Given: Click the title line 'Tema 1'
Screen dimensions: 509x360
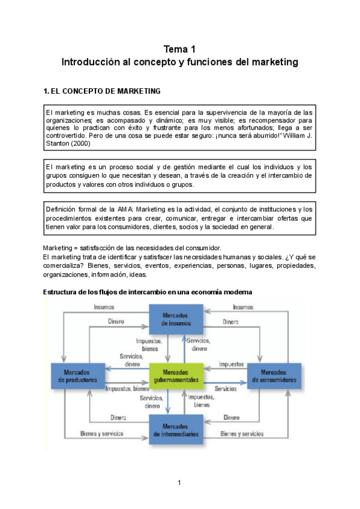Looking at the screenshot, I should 179,49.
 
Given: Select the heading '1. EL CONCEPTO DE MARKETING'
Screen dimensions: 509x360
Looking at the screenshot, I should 102,91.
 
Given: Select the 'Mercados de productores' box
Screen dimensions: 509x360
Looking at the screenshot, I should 78,376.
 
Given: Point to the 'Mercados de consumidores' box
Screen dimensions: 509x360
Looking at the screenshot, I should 274,376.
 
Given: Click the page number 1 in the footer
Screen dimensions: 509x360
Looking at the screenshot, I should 179,482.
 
